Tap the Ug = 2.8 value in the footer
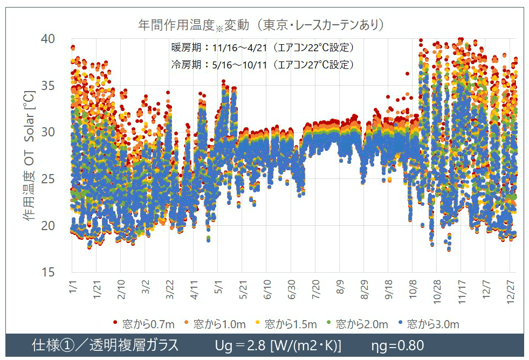coord(277,345)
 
